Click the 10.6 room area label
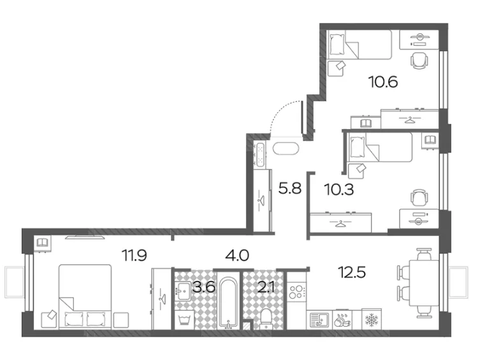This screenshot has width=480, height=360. coord(384,82)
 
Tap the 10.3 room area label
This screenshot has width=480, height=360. coord(339,190)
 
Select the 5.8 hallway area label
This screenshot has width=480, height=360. coord(290,188)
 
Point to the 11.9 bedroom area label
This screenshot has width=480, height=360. coord(135,255)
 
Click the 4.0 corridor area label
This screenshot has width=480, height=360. coord(237,256)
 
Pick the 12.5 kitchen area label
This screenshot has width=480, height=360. coord(352,272)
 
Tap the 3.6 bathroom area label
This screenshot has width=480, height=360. coord(204,287)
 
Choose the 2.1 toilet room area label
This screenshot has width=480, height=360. coord(266,287)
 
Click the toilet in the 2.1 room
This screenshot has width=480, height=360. coord(266,319)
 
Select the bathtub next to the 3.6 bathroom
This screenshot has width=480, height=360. coord(228,303)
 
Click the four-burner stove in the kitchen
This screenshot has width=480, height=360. coord(296,291)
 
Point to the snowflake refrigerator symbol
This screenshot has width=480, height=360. coord(372,319)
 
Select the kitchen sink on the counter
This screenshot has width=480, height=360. coord(319,320)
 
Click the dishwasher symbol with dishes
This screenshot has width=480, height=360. coord(342,320)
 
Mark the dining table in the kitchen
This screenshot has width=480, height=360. coord(425,283)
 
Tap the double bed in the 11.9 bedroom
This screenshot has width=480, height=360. coord(85,297)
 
